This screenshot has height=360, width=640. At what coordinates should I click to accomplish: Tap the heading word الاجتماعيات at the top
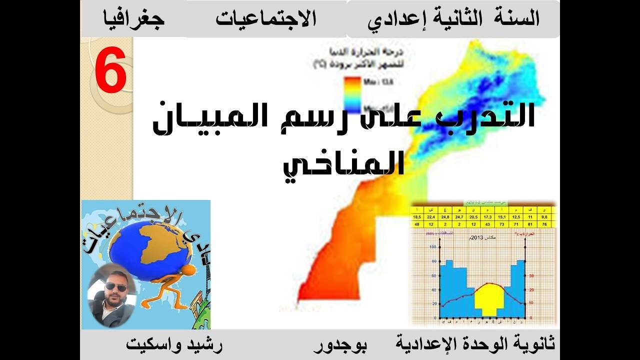[265, 19]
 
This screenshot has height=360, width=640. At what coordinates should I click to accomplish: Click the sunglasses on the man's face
[115, 287]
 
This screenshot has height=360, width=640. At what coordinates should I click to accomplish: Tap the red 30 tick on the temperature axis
[531, 275]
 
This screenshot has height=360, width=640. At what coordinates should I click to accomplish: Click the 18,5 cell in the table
[416, 216]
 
